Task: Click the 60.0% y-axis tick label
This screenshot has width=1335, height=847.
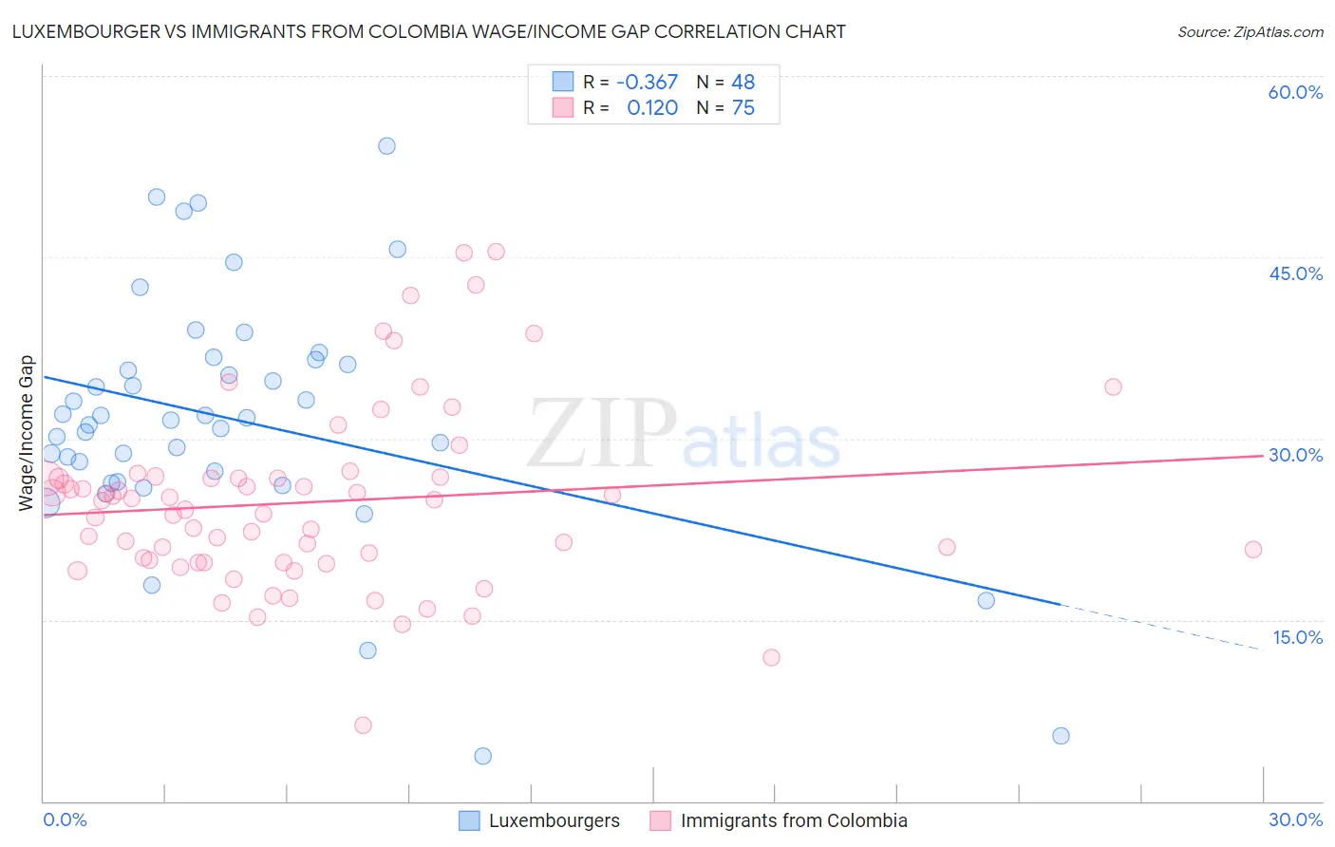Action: point(1295,92)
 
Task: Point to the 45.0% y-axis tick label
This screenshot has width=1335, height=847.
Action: point(1295,273)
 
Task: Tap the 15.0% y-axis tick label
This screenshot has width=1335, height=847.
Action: point(1297,637)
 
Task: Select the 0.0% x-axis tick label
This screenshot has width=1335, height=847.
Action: point(66,819)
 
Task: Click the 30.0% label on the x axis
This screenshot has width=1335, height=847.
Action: point(1295,819)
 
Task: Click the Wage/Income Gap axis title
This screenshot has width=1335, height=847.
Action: point(26,433)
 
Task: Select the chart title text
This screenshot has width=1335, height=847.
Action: point(428,31)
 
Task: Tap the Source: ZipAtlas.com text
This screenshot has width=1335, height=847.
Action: point(1250,31)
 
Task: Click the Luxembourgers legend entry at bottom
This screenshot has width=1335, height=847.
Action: point(539,820)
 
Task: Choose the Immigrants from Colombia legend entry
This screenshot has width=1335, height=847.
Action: point(780,820)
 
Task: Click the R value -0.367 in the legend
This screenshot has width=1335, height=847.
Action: point(647,82)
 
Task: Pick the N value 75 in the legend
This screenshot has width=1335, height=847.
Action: point(743,108)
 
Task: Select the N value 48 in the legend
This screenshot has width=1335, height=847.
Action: point(743,82)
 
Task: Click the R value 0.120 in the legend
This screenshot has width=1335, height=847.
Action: point(652,108)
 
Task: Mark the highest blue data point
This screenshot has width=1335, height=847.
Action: point(386,146)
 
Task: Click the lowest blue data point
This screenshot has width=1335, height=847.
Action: point(483,756)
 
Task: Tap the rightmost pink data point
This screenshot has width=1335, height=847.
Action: point(1253,550)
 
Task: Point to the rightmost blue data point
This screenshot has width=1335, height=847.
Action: point(1061,736)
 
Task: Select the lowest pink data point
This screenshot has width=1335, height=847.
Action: point(363,725)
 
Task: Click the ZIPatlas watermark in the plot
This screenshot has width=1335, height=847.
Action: point(684,436)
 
